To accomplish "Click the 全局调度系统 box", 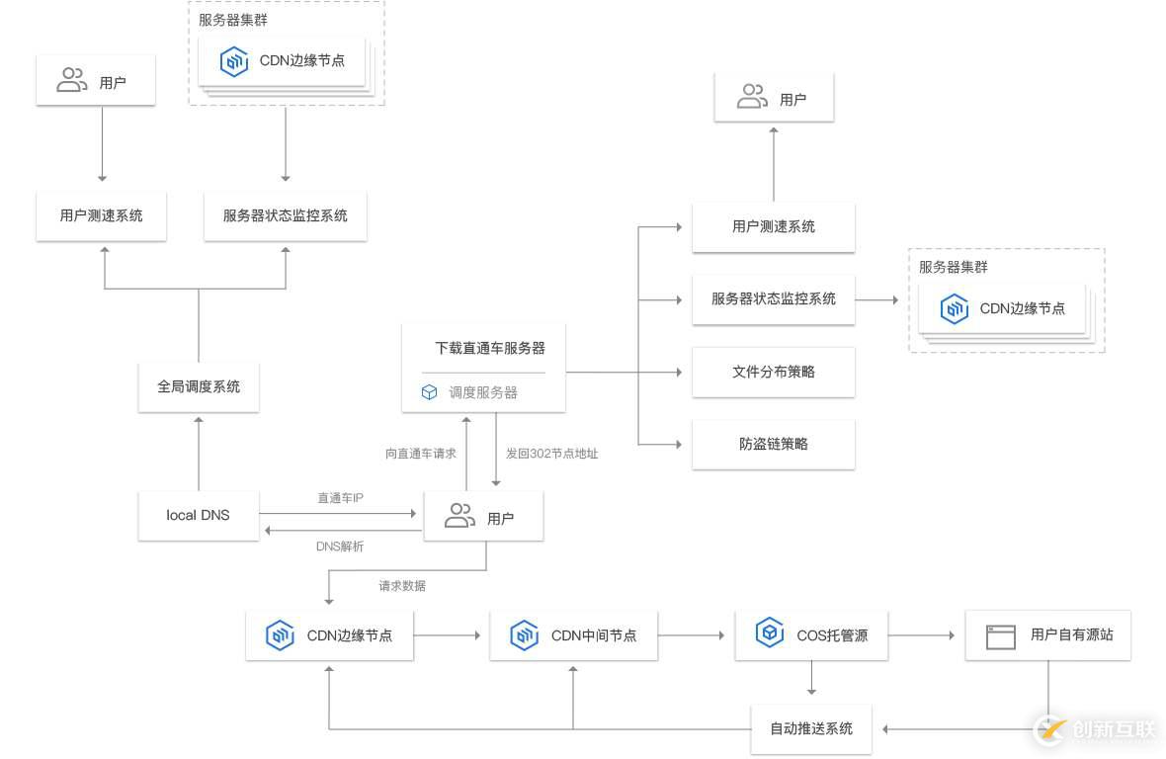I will click(199, 386).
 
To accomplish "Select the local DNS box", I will click(198, 515).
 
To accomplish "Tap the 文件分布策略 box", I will click(773, 372).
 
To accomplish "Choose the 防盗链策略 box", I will click(773, 444).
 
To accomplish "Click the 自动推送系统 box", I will click(810, 728).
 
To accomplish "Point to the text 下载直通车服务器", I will click(489, 348).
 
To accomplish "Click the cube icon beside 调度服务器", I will click(429, 392).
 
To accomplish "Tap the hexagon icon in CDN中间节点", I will click(524, 635).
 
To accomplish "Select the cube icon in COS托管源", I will click(769, 633).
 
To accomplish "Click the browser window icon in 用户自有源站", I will click(1000, 636).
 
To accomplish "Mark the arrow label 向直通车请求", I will click(421, 454).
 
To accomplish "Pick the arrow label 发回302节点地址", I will click(551, 454).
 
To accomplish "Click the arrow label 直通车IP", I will click(340, 498).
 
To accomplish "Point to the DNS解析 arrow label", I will click(340, 547).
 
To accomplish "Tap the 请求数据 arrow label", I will click(402, 586).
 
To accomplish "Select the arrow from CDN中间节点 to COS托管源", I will click(699, 635).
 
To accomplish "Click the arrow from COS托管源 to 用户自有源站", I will click(925, 635).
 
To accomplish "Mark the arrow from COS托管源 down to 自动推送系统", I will click(811, 680).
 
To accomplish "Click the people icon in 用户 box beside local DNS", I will click(459, 516).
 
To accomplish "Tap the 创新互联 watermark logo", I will click(1094, 729).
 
